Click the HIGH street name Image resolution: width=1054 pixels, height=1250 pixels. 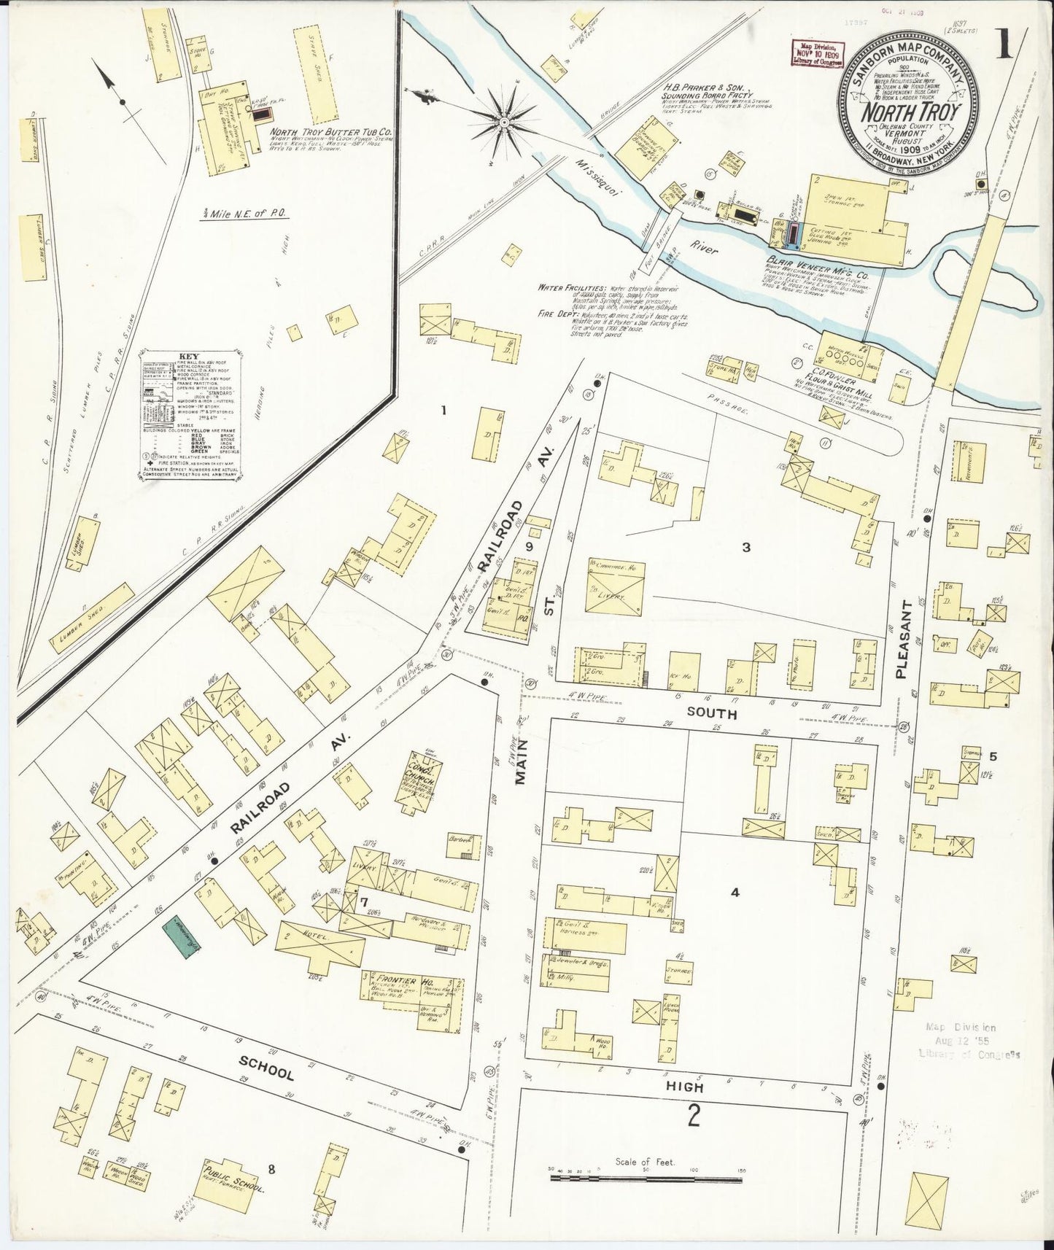684,1087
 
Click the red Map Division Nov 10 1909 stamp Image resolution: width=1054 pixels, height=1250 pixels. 814,55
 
